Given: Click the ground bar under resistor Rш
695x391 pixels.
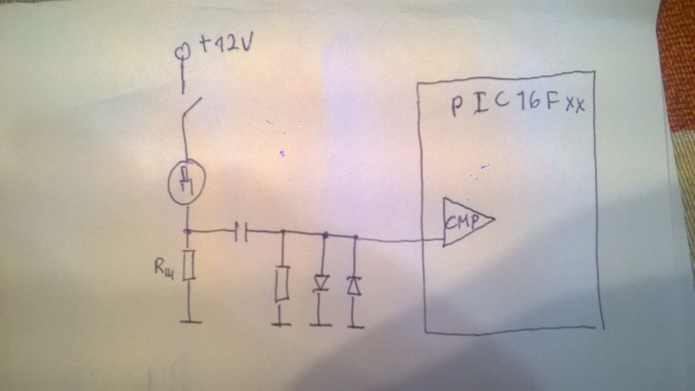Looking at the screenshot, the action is tap(191, 322).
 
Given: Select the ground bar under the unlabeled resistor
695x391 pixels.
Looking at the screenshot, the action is tap(280, 324).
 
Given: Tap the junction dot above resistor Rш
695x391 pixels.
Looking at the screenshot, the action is tap(186, 231).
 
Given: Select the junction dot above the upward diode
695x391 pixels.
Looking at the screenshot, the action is tap(356, 237).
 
